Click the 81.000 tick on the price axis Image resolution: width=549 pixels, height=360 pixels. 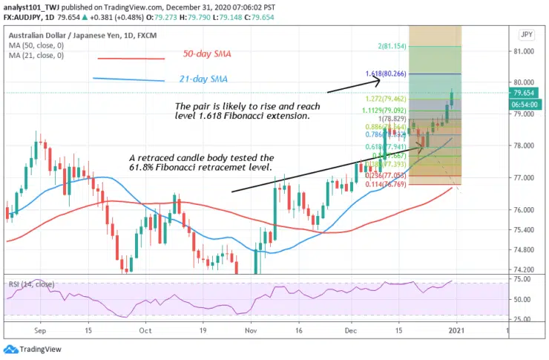(x=524, y=51)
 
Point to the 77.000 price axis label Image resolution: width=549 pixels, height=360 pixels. (x=524, y=178)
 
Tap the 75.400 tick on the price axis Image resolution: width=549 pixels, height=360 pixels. (x=524, y=229)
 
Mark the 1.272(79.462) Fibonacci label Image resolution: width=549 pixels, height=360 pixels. (x=390, y=99)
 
